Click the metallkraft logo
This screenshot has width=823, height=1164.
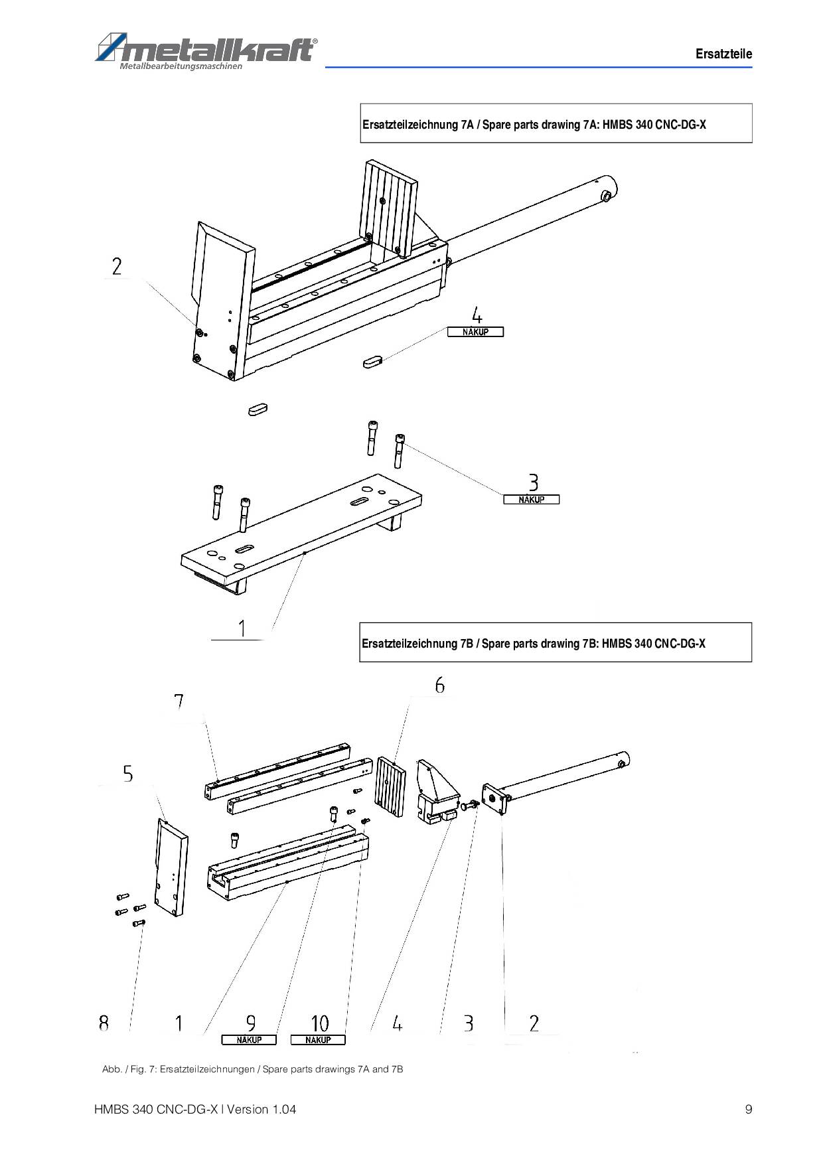pyautogui.click(x=206, y=50)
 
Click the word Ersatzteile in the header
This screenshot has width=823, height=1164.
pyautogui.click(x=723, y=54)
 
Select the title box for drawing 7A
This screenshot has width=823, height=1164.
pyautogui.click(x=556, y=123)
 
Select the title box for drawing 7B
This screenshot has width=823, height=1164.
pyautogui.click(x=556, y=642)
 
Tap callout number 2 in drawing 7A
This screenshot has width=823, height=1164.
pyautogui.click(x=117, y=267)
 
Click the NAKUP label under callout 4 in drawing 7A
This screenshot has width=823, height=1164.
pyautogui.click(x=475, y=332)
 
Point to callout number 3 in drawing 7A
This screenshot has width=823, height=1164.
pyautogui.click(x=533, y=482)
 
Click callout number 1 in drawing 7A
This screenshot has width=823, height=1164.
pyautogui.click(x=242, y=628)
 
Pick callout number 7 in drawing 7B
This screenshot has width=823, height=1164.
pyautogui.click(x=179, y=702)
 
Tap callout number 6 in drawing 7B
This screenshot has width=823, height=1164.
pyautogui.click(x=439, y=685)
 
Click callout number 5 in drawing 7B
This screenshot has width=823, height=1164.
pyautogui.click(x=127, y=774)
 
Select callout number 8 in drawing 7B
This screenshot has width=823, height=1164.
pyautogui.click(x=104, y=1023)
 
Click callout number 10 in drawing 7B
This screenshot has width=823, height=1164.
pyautogui.click(x=319, y=1023)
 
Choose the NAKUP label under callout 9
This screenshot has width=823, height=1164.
pyautogui.click(x=249, y=1040)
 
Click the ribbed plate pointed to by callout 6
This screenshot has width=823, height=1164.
pyautogui.click(x=390, y=786)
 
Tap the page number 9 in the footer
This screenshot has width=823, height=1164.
pyautogui.click(x=749, y=1109)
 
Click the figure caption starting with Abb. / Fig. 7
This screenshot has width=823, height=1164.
pyautogui.click(x=252, y=1069)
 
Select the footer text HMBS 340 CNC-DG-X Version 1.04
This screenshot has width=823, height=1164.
pyautogui.click(x=195, y=1109)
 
